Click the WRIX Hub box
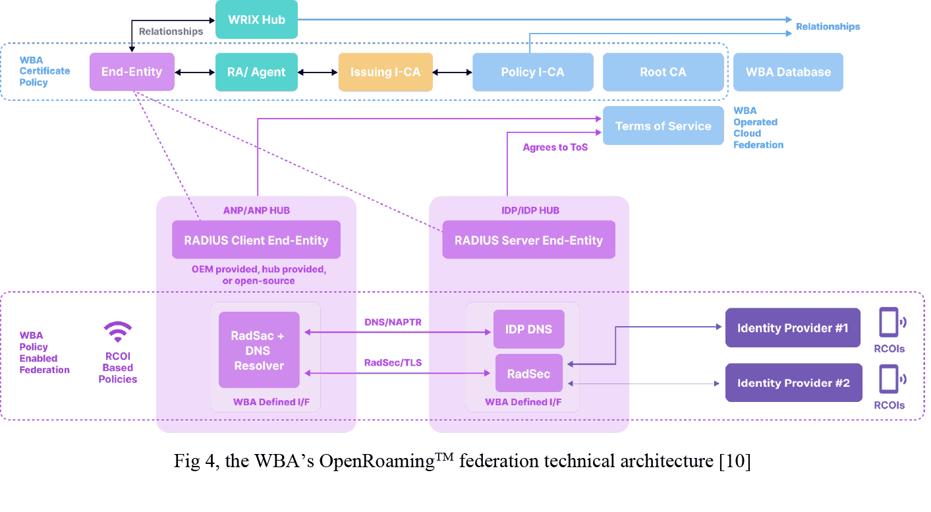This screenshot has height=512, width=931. click(257, 20)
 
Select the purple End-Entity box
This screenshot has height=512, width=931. click(132, 72)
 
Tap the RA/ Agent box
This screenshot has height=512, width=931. click(256, 72)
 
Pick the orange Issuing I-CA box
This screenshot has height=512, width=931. click(385, 72)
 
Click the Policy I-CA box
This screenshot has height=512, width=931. click(532, 72)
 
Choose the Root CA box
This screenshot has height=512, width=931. click(663, 72)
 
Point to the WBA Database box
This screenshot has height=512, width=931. click(788, 72)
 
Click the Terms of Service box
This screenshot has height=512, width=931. click(663, 126)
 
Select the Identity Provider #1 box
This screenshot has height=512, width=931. click(793, 328)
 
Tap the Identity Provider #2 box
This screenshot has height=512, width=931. click(793, 383)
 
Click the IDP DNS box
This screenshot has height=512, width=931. click(529, 329)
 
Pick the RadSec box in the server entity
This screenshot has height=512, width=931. click(529, 374)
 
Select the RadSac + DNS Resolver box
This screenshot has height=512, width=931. click(259, 351)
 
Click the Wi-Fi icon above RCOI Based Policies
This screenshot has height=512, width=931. click(118, 331)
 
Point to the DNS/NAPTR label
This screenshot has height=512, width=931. click(393, 322)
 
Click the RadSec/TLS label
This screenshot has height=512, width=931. click(393, 363)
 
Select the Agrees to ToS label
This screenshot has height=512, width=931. click(555, 148)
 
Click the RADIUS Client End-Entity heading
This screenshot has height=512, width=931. click(256, 241)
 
